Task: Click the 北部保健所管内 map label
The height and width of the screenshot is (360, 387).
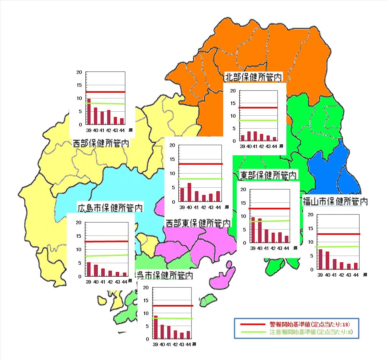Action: [254, 77]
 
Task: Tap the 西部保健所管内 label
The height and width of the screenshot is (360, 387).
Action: [101, 143]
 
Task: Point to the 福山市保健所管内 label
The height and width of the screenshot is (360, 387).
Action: [335, 201]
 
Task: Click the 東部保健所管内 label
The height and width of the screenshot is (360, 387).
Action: [268, 175]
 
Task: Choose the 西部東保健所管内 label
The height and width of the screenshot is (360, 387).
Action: [198, 223]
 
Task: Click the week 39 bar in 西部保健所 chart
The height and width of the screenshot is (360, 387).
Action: [89, 112]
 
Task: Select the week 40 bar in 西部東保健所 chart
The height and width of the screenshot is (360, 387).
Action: [189, 192]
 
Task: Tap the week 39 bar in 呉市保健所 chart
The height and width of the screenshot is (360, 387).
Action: [156, 327]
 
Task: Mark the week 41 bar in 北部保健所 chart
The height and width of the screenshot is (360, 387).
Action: [255, 136]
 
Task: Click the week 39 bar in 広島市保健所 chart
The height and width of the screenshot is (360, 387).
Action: [89, 269]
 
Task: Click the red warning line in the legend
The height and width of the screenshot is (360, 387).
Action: [253, 324]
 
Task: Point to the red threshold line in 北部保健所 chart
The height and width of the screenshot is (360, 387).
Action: [258, 108]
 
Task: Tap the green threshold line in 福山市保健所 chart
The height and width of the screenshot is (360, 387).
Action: [338, 246]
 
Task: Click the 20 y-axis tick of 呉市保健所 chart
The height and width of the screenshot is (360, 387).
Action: [146, 288]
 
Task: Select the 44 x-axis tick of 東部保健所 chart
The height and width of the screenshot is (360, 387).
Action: [286, 248]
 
